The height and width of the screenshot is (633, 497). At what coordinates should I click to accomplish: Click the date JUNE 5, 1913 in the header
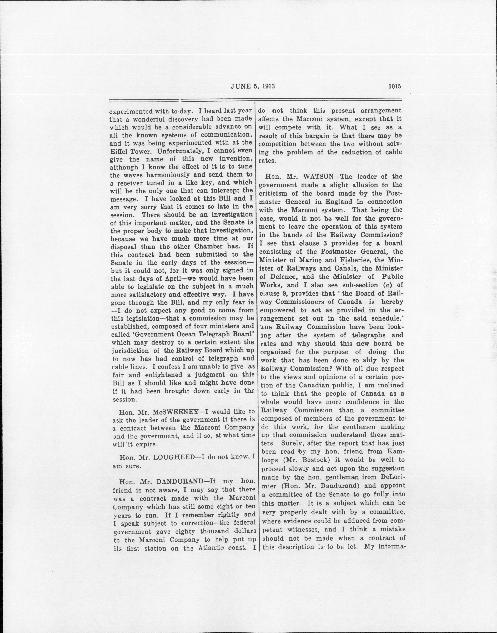coord(253,86)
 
